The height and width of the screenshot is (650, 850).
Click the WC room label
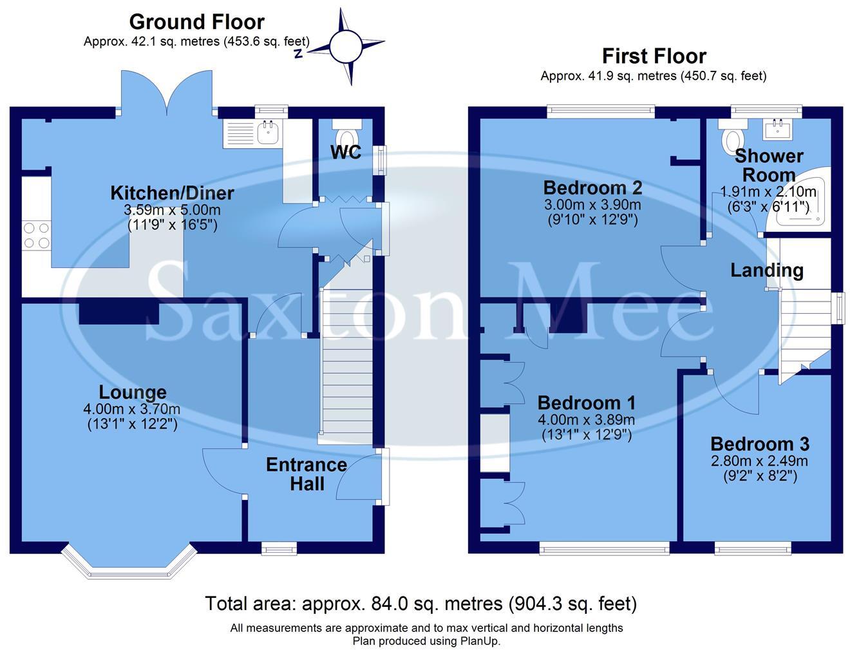[x=346, y=152]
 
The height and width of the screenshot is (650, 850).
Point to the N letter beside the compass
[x=297, y=54]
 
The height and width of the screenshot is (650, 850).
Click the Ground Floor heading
[x=196, y=22]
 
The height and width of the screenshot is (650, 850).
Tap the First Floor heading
[x=654, y=56]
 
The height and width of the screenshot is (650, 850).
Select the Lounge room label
[x=133, y=392]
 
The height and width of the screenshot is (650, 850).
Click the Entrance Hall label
[x=307, y=474]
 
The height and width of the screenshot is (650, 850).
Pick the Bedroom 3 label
[x=760, y=444]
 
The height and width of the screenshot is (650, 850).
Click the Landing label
[x=767, y=271]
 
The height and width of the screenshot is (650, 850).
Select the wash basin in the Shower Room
[x=778, y=129]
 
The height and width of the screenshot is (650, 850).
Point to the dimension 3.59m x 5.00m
[x=172, y=210]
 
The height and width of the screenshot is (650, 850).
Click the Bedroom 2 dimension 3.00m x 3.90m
[x=592, y=205]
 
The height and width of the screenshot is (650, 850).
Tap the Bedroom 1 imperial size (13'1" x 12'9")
[x=586, y=435]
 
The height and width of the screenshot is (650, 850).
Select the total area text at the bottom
[x=420, y=603]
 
